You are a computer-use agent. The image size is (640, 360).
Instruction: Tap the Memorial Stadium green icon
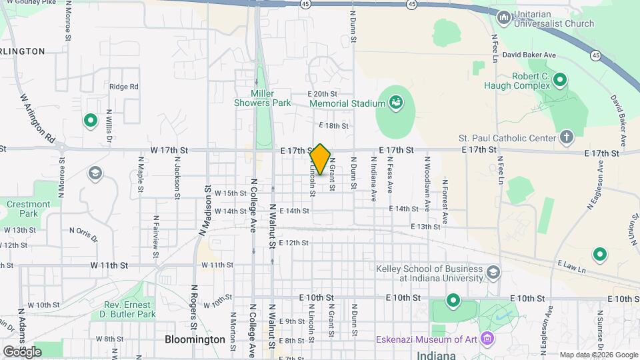pyautogui.click(x=395, y=103)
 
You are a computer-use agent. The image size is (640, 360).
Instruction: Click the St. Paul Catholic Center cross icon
pyautogui.click(x=566, y=137)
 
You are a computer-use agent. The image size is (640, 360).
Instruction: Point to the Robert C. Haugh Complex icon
pyautogui.click(x=560, y=81)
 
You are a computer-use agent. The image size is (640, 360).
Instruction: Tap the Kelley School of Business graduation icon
pyautogui.click(x=493, y=272)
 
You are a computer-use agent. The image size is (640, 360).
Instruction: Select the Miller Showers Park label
pyautogui.click(x=262, y=98)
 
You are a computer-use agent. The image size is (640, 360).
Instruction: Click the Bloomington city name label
pyautogui.click(x=195, y=339)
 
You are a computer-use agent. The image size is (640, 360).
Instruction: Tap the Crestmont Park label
pyautogui.click(x=29, y=209)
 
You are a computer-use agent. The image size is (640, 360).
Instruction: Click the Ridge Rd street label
pyautogui.click(x=123, y=87)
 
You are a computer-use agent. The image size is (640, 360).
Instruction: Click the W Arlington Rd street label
pyautogui.click(x=37, y=121)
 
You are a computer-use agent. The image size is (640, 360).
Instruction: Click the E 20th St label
pyautogui.click(x=323, y=94)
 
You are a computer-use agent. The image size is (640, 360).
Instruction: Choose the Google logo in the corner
pyautogui.click(x=23, y=351)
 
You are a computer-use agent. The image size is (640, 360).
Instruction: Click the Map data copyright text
pyautogui.click(x=598, y=355)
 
